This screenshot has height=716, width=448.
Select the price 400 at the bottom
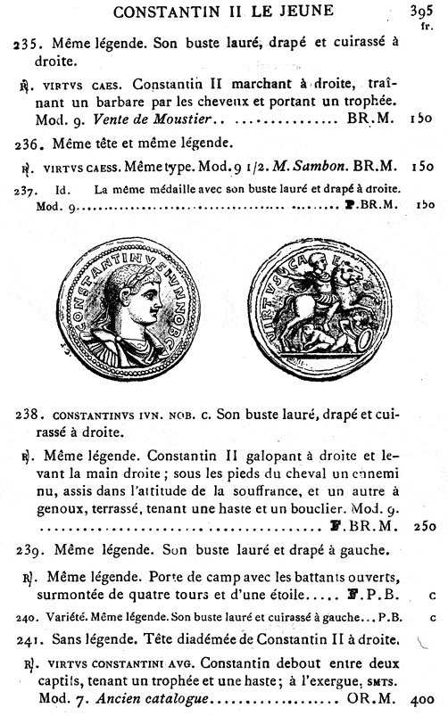423,701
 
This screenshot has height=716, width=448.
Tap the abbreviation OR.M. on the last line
369,701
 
